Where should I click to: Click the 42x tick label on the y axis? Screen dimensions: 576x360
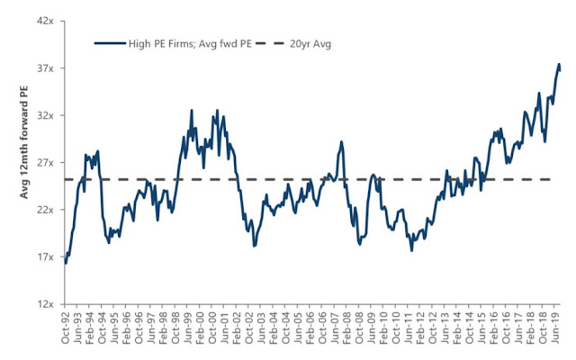[45, 22]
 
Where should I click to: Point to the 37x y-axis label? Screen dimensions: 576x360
[45, 68]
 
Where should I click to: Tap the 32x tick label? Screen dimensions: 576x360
[45, 116]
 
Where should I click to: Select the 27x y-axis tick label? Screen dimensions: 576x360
[45, 163]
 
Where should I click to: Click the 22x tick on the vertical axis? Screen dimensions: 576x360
[45, 210]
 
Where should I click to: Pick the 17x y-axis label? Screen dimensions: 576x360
[45, 257]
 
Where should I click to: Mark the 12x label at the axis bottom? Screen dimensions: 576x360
[45, 304]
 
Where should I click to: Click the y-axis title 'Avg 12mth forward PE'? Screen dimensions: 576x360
[24, 142]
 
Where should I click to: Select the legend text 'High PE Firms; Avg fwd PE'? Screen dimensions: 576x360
[190, 44]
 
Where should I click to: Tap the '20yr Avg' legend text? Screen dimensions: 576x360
[310, 44]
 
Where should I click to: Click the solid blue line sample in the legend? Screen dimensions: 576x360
[110, 43]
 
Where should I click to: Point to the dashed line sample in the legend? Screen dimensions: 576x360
[270, 43]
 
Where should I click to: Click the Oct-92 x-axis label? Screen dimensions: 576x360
[65, 328]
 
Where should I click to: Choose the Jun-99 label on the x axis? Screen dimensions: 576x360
[188, 328]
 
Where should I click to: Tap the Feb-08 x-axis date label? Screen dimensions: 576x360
[346, 328]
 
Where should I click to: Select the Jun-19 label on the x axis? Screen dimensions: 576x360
[555, 328]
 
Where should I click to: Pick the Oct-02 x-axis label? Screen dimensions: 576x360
[248, 328]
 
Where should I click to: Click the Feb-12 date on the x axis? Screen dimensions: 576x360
[420, 328]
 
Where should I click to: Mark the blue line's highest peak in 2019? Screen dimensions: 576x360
[559, 64]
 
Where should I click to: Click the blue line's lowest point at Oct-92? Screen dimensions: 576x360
[66, 264]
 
